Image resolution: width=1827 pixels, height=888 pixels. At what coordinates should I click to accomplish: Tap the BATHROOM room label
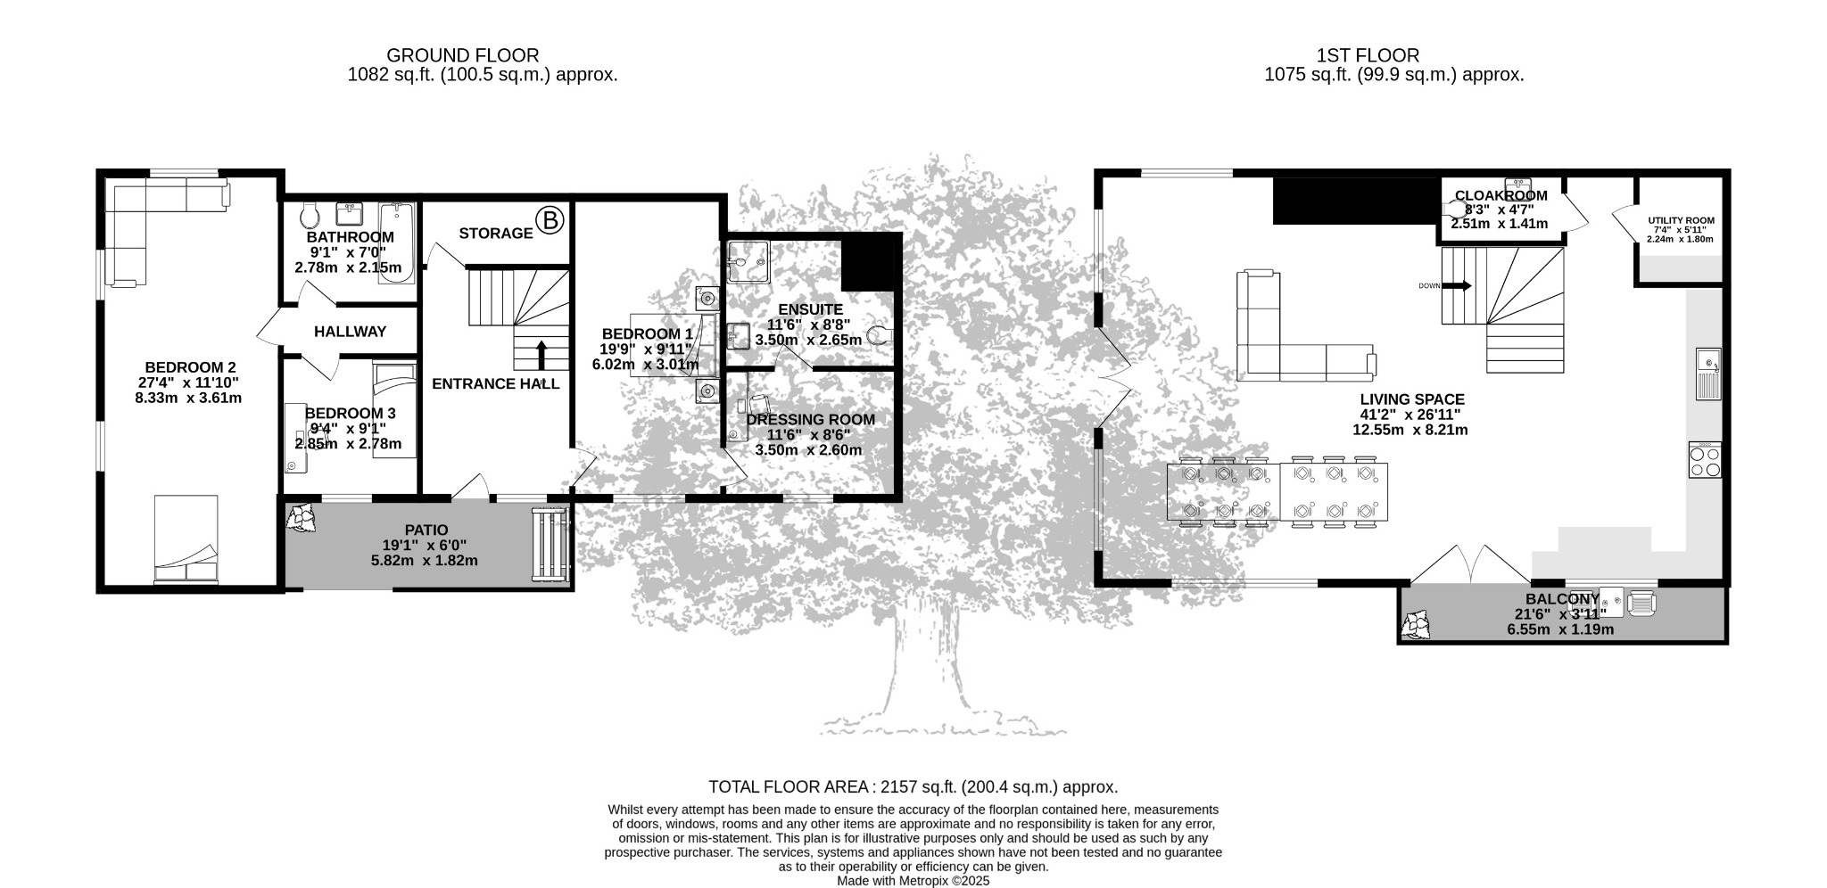[x=350, y=237]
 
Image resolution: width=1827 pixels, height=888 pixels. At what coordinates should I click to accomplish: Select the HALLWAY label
[x=350, y=332]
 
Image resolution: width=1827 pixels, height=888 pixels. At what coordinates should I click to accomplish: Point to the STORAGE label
[x=496, y=234]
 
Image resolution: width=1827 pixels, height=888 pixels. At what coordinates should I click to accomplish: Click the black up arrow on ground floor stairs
[x=541, y=354]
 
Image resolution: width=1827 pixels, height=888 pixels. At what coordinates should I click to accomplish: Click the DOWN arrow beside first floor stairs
[x=1456, y=286]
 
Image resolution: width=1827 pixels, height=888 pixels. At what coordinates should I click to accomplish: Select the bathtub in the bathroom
[x=396, y=243]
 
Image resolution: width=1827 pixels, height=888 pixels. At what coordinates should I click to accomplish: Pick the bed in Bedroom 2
[x=186, y=539]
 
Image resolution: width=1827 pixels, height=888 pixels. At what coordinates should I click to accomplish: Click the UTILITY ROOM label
[x=1681, y=220]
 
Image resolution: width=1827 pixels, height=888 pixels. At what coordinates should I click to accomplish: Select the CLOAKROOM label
[x=1501, y=196]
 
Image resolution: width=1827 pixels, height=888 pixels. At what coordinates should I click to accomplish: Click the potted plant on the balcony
[x=1417, y=624]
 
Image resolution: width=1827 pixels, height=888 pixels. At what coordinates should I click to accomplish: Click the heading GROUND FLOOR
[x=463, y=56]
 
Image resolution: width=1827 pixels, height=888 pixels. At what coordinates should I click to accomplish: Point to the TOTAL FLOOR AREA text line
[x=913, y=787]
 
